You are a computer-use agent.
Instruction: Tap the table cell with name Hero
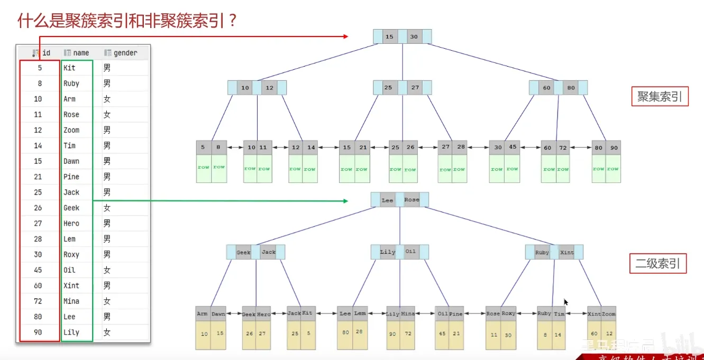point(71,224)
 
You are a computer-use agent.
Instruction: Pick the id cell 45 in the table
point(38,270)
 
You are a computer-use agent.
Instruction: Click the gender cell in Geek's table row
point(107,208)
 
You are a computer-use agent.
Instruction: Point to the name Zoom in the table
point(71,130)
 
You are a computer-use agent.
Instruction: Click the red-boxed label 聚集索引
point(660,97)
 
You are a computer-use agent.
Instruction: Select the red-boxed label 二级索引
point(658,263)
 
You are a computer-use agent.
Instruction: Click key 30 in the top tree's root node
point(414,37)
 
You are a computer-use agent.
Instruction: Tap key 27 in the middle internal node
point(415,87)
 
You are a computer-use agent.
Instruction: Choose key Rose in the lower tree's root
point(412,200)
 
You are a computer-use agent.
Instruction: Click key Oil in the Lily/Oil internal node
point(410,252)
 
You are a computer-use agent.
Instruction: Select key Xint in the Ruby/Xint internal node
point(566,252)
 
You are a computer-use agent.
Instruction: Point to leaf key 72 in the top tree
point(563,147)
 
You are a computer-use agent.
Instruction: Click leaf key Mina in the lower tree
point(407,314)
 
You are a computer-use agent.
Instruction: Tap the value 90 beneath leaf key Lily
point(393,334)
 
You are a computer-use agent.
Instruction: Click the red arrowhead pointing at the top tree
point(345,36)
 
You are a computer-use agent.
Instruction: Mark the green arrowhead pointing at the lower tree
point(345,201)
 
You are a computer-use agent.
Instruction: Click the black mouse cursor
point(565,302)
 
